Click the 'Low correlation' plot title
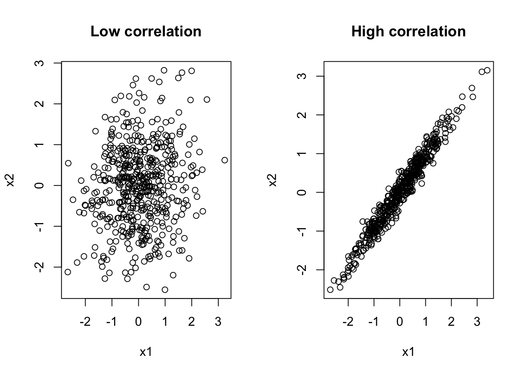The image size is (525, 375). click(146, 31)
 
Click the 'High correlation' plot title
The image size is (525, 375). click(408, 31)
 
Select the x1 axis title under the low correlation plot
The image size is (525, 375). click(146, 352)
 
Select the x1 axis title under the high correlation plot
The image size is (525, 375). click(408, 352)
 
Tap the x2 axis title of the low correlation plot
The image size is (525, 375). click(11, 180)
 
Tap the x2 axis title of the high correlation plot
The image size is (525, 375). click(273, 180)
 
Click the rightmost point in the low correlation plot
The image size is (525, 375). click(225, 160)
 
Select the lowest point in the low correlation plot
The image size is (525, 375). click(165, 290)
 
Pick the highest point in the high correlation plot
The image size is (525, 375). click(487, 70)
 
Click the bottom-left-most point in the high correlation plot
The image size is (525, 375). click(330, 289)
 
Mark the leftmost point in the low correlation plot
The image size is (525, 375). click(68, 272)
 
